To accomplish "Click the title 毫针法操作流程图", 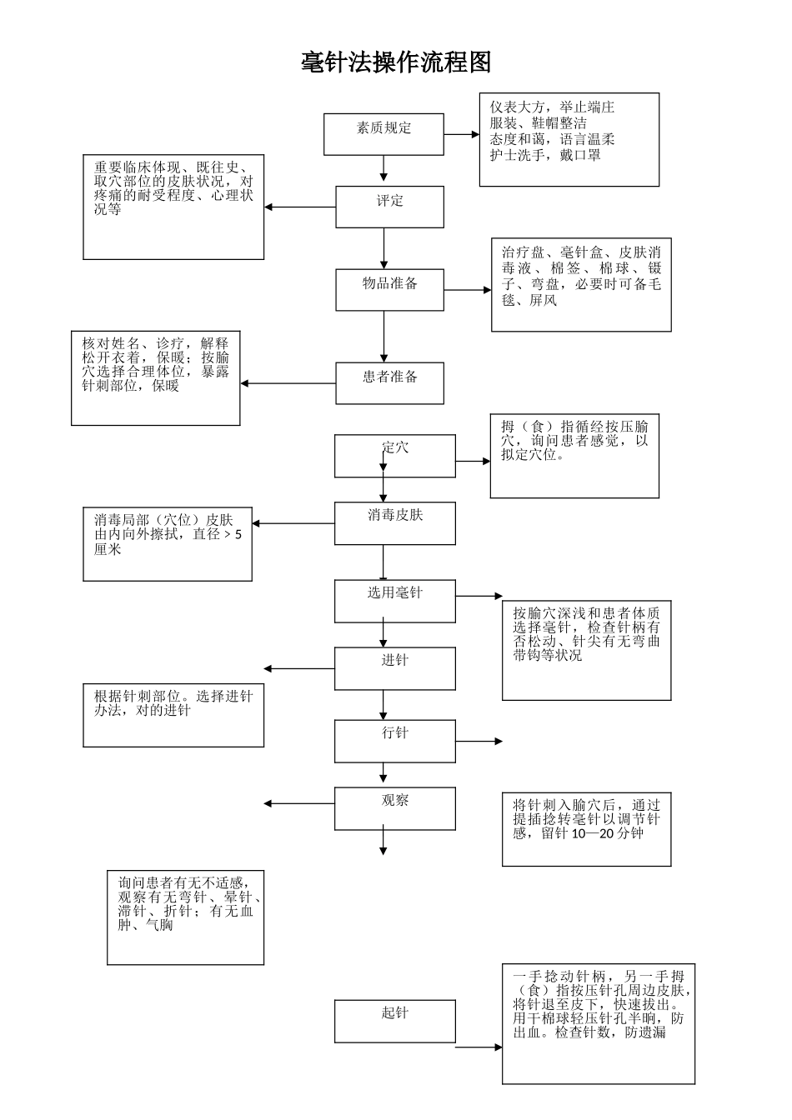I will (x=396, y=62).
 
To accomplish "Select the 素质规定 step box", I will (x=383, y=134).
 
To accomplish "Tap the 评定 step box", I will (x=389, y=207).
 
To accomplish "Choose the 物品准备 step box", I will (x=389, y=289).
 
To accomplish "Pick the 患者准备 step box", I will (x=389, y=382).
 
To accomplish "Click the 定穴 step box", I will (x=394, y=456).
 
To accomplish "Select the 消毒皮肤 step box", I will (x=394, y=522).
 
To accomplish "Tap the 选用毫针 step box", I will (x=394, y=601).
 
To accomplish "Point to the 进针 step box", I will (x=394, y=668).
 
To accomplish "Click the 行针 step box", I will (x=394, y=741).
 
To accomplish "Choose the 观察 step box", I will (x=394, y=808).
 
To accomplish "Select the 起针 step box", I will (x=394, y=1021).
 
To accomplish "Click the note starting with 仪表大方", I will (x=569, y=139).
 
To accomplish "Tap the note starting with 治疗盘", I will (x=581, y=284).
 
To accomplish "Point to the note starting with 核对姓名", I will (x=156, y=377).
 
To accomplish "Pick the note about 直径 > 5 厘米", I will (x=168, y=544).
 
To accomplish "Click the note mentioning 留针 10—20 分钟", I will (x=586, y=829).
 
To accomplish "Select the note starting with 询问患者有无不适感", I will (x=185, y=917).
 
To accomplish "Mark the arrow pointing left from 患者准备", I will (x=288, y=383).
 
